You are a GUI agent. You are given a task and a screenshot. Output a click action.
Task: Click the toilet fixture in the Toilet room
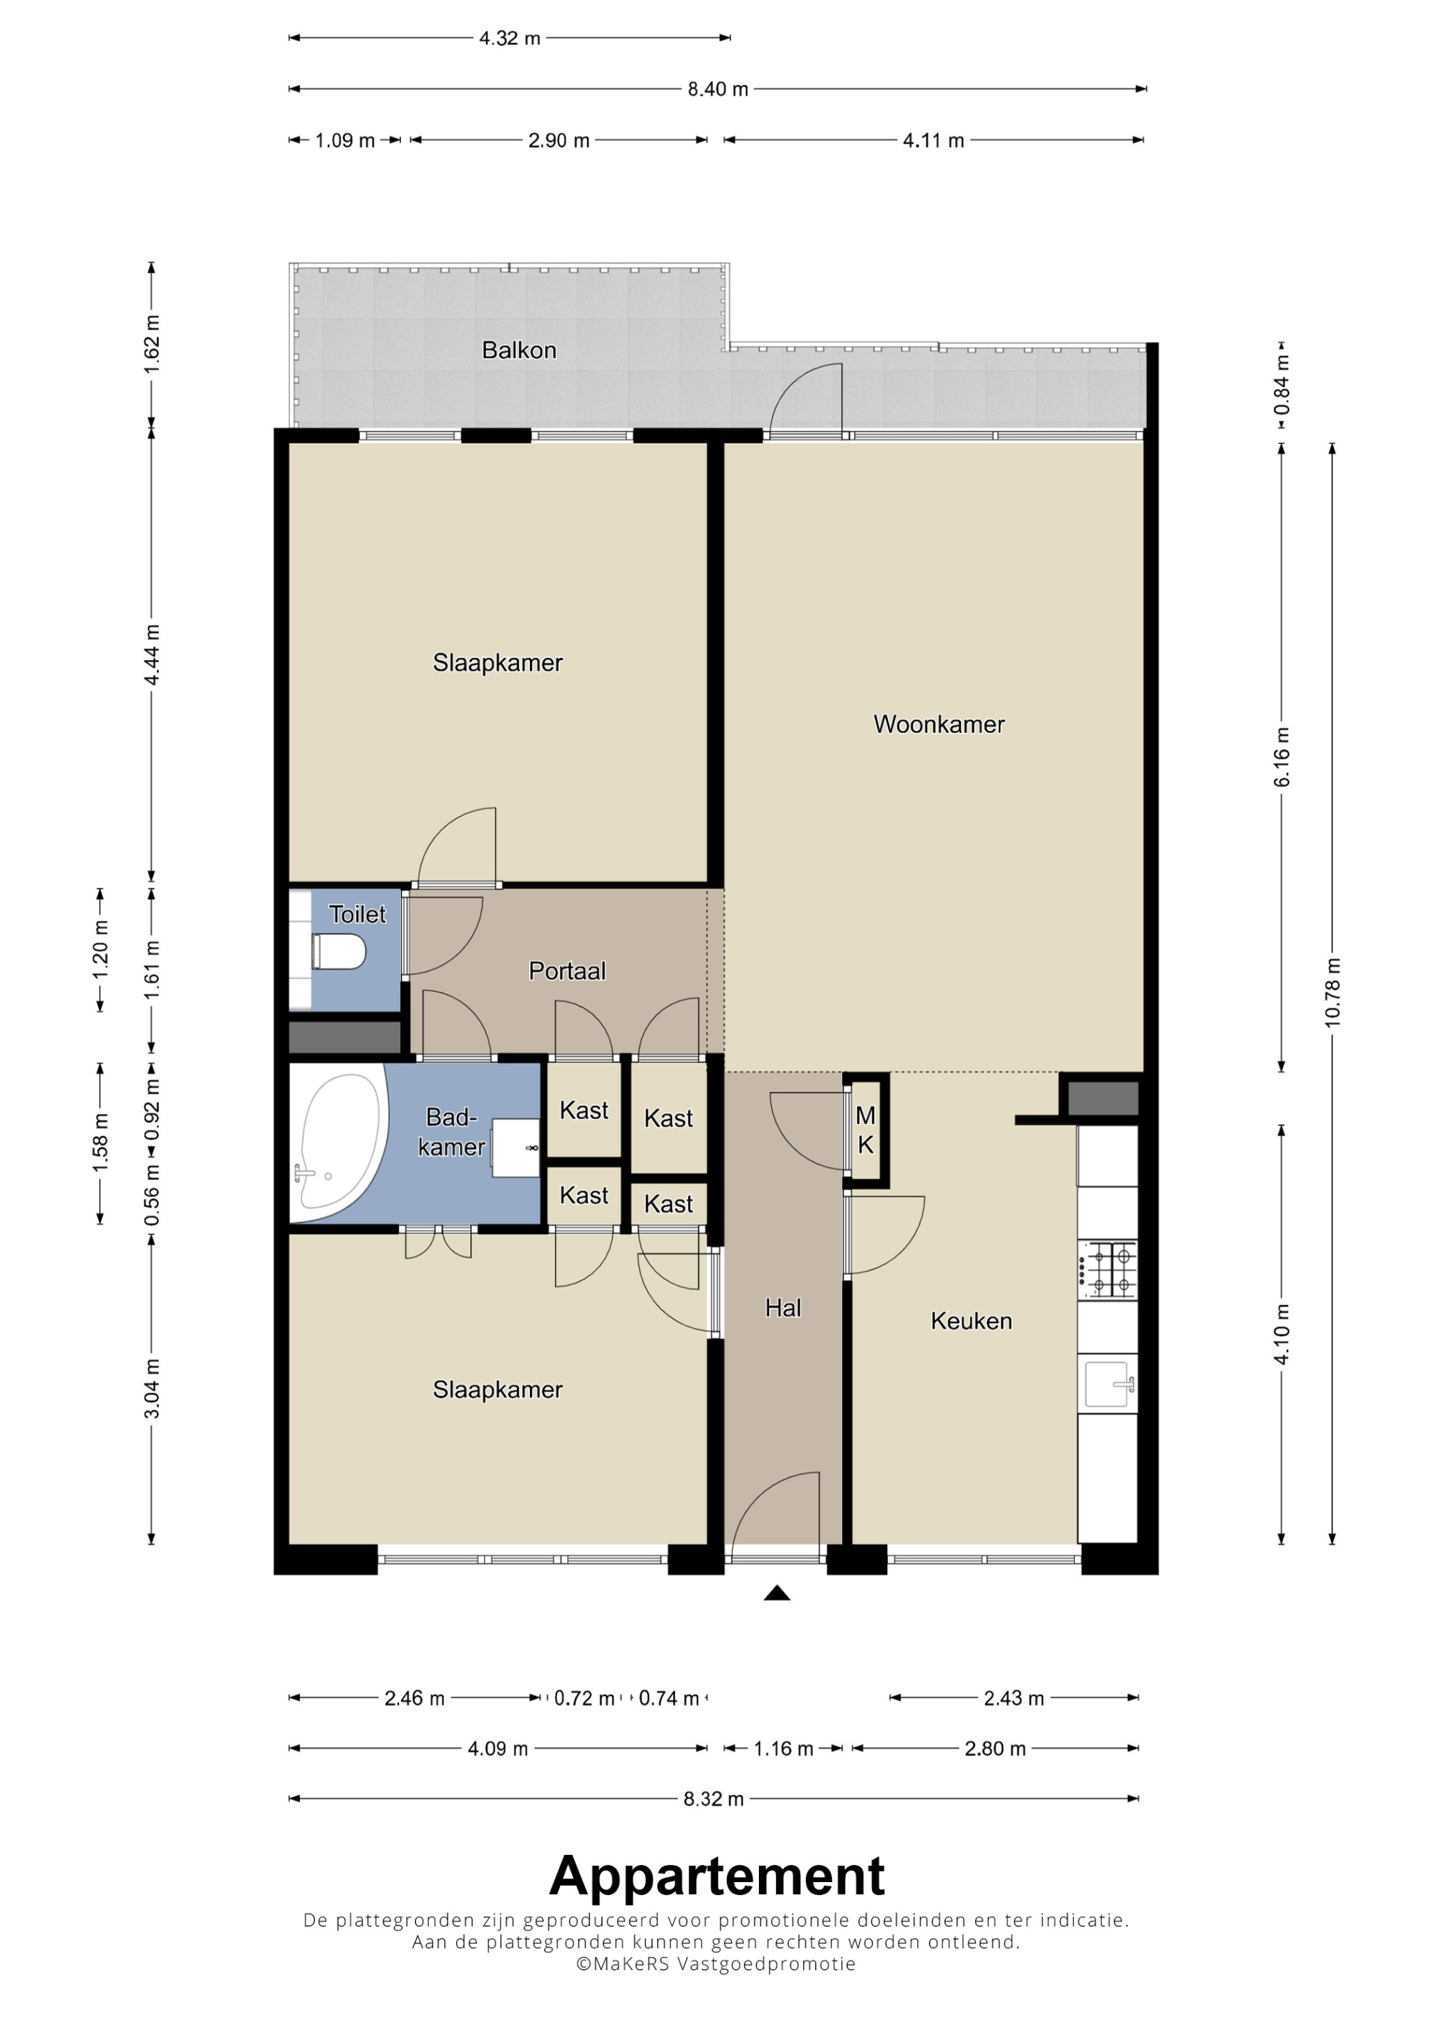click(x=339, y=952)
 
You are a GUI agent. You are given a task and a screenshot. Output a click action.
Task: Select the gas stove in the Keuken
click(x=1108, y=1269)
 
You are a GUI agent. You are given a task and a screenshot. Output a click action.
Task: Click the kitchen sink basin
click(x=1108, y=1384)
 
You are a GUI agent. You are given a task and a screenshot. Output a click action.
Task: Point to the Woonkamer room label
click(x=939, y=724)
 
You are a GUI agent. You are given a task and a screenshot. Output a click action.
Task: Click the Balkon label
click(x=519, y=350)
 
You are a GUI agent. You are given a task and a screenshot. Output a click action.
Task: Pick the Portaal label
click(x=567, y=971)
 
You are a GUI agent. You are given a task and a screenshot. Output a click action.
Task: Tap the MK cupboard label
click(x=866, y=1130)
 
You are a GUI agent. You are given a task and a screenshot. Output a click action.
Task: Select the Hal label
click(x=783, y=1308)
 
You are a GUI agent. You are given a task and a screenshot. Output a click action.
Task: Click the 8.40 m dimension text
click(x=718, y=89)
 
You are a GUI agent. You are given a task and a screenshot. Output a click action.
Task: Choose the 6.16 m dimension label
click(x=1282, y=757)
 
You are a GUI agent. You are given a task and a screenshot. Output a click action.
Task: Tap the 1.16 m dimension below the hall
click(x=783, y=1749)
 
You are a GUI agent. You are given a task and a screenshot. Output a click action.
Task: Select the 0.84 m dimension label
click(x=1282, y=384)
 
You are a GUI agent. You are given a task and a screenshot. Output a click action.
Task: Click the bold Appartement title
click(x=717, y=1876)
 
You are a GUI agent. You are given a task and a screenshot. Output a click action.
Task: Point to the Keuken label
click(x=972, y=1321)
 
